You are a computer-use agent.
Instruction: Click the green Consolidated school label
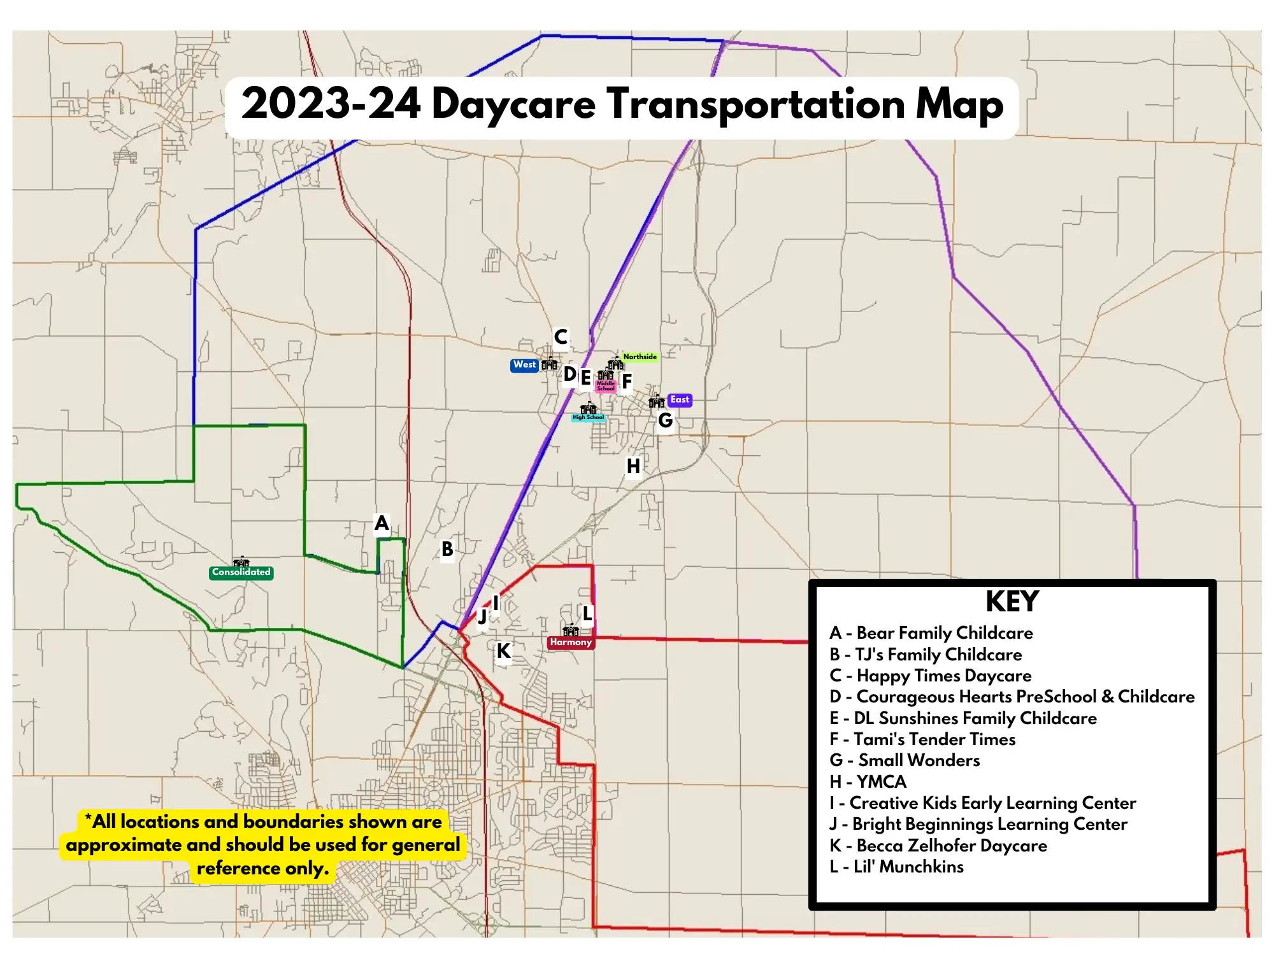241,573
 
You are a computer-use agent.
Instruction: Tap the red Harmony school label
571,642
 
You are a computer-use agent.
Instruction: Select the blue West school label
524,365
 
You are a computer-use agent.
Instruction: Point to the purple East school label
680,400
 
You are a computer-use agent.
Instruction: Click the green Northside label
640,357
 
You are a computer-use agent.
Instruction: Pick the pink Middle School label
606,385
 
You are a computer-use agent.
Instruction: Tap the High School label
588,418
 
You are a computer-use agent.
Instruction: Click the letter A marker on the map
382,523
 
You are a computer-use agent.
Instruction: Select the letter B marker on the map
447,549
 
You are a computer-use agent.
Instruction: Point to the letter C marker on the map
561,337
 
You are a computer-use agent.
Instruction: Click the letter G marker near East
665,420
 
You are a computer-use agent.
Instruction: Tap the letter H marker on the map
633,466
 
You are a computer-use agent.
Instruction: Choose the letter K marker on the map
503,651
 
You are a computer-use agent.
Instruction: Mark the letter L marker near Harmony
587,614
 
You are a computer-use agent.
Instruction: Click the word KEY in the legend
1012,602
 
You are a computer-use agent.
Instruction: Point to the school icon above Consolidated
241,562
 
